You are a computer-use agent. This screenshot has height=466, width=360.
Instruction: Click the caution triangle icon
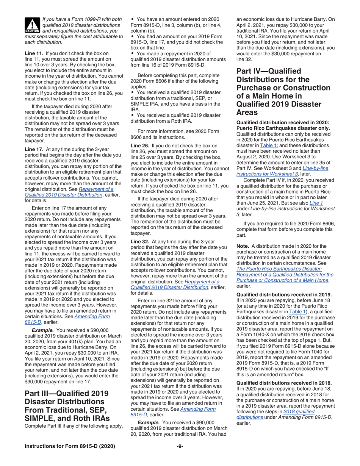[32, 25]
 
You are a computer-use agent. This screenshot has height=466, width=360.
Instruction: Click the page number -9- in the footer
[180, 446]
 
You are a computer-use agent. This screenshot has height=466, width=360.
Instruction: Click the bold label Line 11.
[33, 53]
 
